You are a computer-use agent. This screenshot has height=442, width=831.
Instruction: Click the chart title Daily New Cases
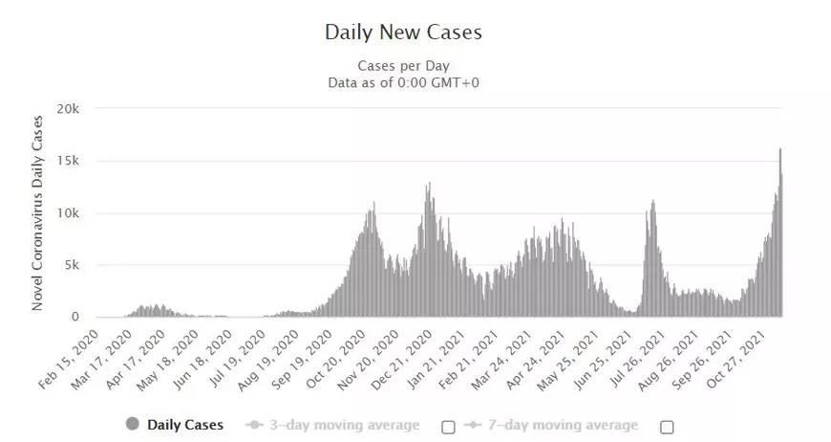click(x=403, y=32)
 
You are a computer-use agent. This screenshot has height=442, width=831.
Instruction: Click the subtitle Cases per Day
click(x=403, y=66)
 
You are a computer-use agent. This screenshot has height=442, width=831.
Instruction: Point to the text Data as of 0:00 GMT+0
click(x=403, y=81)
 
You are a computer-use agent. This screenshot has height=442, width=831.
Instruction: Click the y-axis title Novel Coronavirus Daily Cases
click(x=38, y=212)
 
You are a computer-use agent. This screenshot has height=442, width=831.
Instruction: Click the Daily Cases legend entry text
click(x=185, y=425)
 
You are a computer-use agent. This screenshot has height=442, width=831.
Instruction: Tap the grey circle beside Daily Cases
click(x=132, y=425)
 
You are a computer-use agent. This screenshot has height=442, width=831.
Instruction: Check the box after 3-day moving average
click(x=448, y=426)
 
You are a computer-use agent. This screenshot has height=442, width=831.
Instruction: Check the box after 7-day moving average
click(x=667, y=426)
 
